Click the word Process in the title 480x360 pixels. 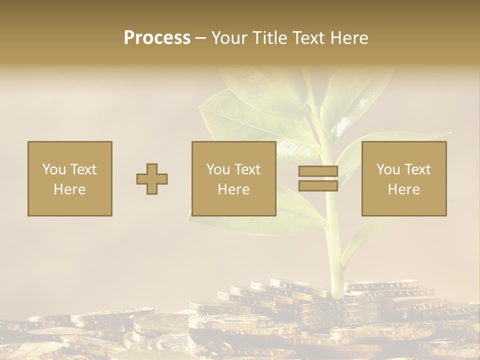(x=157, y=38)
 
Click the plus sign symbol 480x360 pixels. (x=152, y=179)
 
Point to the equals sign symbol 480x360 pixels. (x=318, y=178)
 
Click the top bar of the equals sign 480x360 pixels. (x=318, y=171)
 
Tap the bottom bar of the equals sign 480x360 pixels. (x=318, y=185)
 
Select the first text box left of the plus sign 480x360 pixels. (x=69, y=178)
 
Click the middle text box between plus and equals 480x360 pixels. (x=233, y=178)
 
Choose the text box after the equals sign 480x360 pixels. (x=403, y=178)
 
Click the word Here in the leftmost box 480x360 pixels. (x=69, y=189)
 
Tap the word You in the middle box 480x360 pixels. (x=217, y=169)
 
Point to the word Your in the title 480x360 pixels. (x=229, y=38)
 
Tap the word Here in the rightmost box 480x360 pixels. (x=403, y=189)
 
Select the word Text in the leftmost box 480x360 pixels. (x=83, y=169)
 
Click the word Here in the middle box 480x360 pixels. (x=233, y=189)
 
